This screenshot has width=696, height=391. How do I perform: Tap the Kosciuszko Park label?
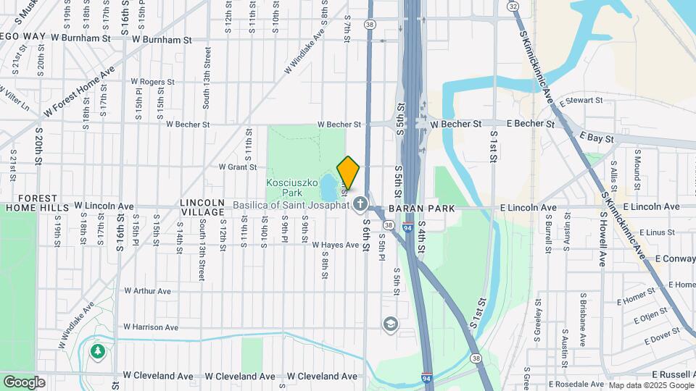[x=293, y=188]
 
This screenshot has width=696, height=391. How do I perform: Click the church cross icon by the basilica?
[x=360, y=205]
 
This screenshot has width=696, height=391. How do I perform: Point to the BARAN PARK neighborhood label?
[x=421, y=209]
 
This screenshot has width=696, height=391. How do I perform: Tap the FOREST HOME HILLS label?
[x=37, y=203]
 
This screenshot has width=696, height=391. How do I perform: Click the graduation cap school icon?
[x=391, y=323]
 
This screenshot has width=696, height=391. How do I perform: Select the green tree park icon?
[x=97, y=351]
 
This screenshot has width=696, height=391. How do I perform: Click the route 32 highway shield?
[x=513, y=6]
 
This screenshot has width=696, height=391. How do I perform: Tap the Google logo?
[x=24, y=382]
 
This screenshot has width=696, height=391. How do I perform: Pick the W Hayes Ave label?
[x=335, y=245]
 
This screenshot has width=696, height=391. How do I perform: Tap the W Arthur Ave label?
[x=147, y=291]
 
